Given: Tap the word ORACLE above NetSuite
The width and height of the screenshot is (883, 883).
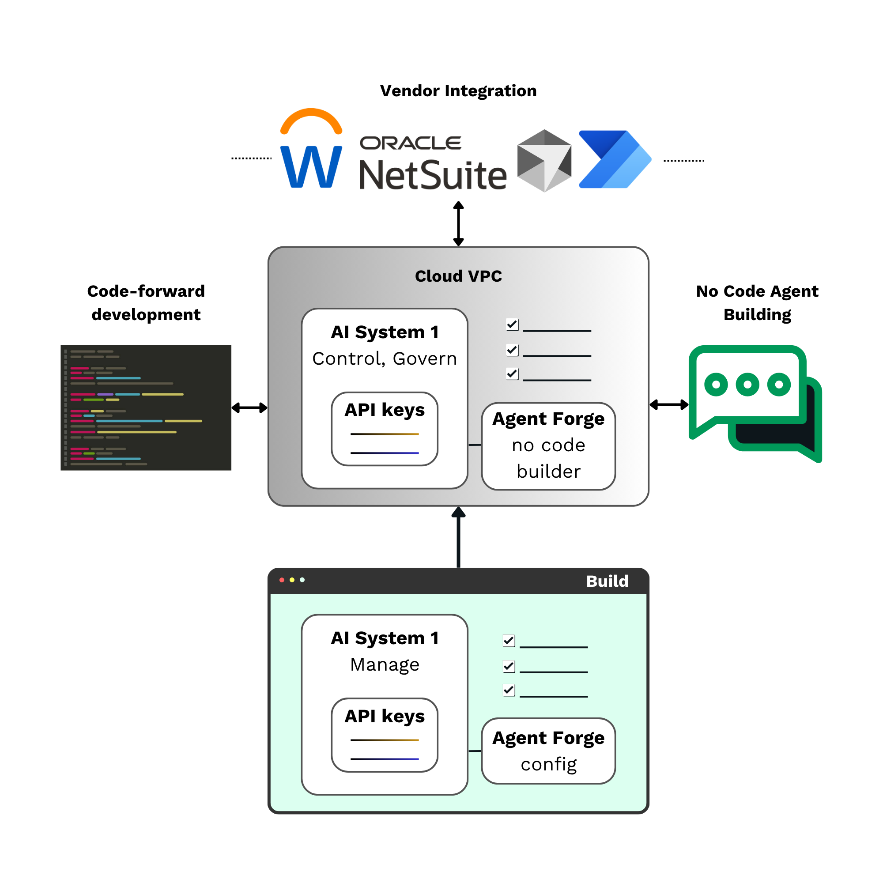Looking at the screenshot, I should coord(411,143).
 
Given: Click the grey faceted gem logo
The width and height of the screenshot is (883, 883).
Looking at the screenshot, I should coord(544,160).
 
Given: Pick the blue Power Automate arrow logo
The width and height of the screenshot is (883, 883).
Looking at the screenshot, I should coord(615,159).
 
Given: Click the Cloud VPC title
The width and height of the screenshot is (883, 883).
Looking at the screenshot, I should coord(458,276).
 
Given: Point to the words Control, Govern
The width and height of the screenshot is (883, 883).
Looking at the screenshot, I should coord(385,359).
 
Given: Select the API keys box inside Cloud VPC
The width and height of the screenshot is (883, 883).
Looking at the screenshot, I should coord(385,429).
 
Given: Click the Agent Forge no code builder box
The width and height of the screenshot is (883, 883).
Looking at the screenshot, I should coord(548,445).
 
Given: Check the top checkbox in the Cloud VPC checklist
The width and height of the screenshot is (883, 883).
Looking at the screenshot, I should coord(512,325).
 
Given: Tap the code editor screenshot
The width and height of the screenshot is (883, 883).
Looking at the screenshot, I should coord(146,407).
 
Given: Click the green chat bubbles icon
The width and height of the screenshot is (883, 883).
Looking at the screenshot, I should coord(755,402).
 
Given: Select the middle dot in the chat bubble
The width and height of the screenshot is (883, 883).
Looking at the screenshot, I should coord(747,385).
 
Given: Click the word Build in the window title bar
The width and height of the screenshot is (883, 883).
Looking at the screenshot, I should coord(607,581).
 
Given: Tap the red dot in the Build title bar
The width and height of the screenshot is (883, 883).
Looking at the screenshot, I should coord(282,580).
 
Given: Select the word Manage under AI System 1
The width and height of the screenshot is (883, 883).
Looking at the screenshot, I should coord(385,664).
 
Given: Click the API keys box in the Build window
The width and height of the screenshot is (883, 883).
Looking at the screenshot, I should coord(385,735).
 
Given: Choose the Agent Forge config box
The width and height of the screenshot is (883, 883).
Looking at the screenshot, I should coord(548,751).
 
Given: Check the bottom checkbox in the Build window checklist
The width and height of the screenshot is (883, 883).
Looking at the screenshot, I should coord(509,690).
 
